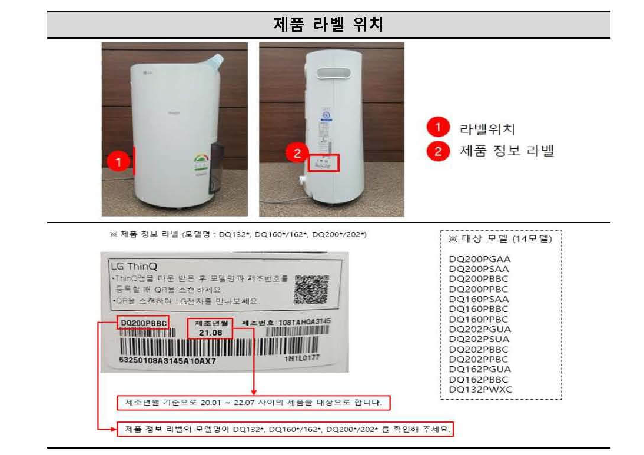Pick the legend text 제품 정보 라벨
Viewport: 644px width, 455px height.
click(x=506, y=151)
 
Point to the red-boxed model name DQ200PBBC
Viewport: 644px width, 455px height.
click(x=143, y=323)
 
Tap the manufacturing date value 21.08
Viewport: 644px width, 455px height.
click(x=210, y=333)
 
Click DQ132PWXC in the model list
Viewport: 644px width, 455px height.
click(x=479, y=390)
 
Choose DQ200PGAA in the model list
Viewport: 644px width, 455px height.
click(x=479, y=259)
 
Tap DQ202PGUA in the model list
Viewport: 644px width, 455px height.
click(x=479, y=329)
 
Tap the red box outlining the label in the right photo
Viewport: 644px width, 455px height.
click(x=324, y=163)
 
